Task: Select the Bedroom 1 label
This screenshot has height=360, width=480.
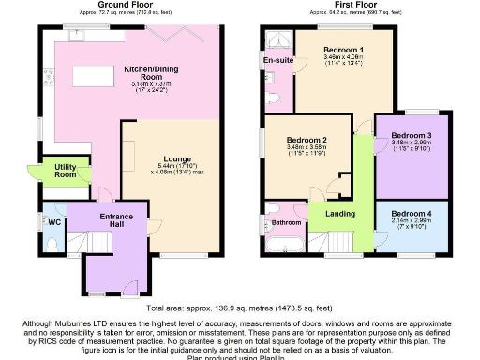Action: click(343, 49)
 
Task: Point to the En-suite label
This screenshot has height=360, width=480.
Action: click(275, 61)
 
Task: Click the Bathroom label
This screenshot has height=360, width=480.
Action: click(288, 222)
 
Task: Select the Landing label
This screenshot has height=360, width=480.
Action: click(340, 214)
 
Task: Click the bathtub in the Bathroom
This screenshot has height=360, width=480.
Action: click(281, 246)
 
